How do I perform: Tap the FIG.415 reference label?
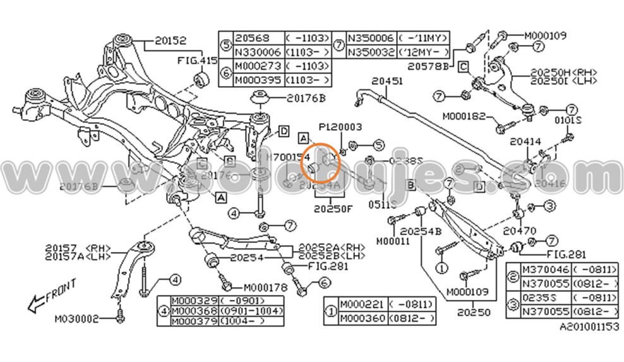click(196, 61)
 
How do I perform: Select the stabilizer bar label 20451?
click(387, 81)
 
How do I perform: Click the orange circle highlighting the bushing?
click(323, 163)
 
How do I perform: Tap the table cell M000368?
click(195, 310)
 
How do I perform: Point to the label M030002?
click(76, 318)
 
